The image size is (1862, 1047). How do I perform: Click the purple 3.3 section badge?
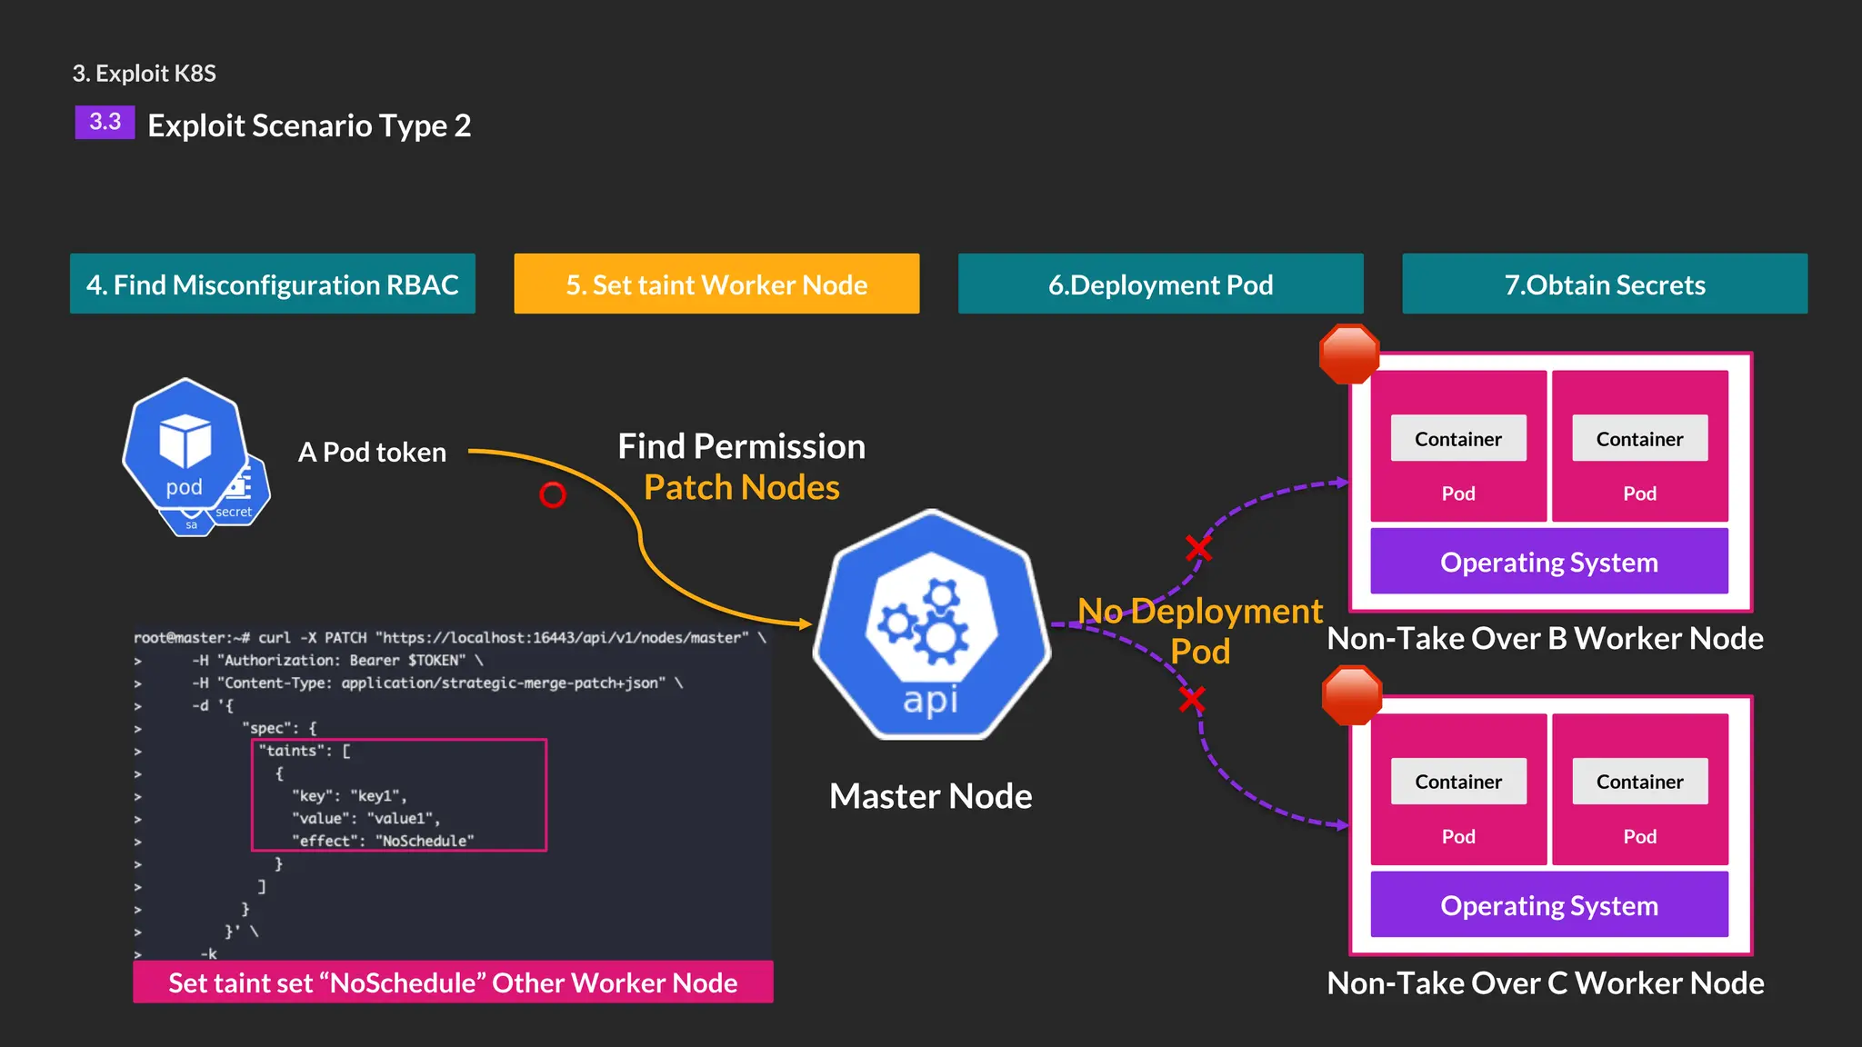105,122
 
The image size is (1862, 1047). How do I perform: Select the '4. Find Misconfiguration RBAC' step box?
273,284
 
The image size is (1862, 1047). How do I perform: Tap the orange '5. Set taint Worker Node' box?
716,284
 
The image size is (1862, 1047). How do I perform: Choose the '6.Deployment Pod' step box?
1160,284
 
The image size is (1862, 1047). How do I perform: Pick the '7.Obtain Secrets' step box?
1605,284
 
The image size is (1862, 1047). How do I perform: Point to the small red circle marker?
552,494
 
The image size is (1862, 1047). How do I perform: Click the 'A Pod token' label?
372,453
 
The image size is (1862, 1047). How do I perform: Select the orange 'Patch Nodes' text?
741,488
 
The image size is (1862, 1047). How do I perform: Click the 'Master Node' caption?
930,796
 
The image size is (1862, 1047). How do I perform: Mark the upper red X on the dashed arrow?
1198,548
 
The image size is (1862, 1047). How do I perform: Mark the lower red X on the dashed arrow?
1192,699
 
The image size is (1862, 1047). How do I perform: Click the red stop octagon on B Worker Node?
1349,354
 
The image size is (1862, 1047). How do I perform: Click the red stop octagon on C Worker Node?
1352,695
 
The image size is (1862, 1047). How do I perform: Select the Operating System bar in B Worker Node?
1548,563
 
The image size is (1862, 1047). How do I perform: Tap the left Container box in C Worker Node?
1458,782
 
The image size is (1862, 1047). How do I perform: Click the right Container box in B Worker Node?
1639,439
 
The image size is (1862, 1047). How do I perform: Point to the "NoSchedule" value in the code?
425,842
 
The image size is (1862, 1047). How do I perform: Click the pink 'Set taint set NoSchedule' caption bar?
453,982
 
